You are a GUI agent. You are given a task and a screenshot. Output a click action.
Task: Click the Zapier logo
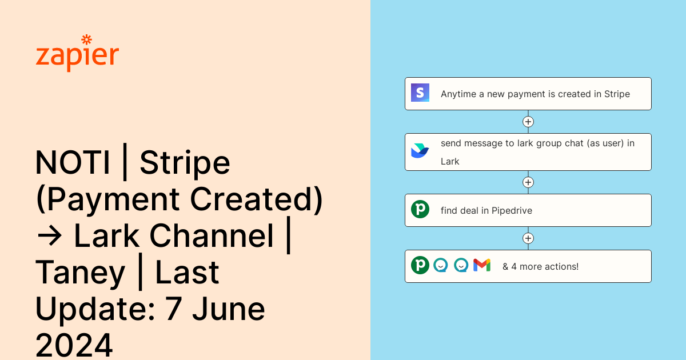tap(77, 54)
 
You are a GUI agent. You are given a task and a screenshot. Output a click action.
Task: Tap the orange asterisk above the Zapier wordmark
tap(87, 39)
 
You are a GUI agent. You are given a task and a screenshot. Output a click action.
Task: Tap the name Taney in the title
tap(80, 273)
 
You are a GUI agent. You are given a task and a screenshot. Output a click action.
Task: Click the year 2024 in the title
tap(74, 345)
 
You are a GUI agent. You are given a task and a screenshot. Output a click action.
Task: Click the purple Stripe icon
tap(420, 93)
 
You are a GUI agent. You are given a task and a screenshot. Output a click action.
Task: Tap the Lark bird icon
tap(420, 151)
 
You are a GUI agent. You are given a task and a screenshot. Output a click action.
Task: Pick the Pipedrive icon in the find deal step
tap(420, 210)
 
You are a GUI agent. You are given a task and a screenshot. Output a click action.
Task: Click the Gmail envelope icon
tap(482, 265)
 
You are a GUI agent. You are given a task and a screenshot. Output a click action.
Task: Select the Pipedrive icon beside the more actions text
tap(420, 265)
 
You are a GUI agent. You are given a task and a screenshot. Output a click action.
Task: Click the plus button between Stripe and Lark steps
tap(528, 122)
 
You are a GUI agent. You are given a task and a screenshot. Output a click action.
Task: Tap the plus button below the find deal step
tap(528, 238)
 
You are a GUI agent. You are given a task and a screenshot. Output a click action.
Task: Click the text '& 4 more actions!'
tap(540, 266)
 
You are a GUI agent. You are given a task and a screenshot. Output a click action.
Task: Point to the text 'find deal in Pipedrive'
tap(486, 210)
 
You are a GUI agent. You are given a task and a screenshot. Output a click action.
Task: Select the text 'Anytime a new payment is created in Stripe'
tap(535, 94)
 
